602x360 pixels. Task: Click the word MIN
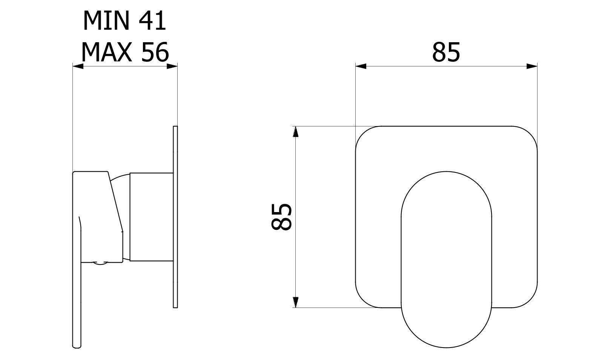point(106,21)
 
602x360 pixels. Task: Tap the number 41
point(152,21)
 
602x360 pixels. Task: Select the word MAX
point(106,52)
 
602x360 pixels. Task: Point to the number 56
point(155,52)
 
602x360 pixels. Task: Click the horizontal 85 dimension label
point(446,52)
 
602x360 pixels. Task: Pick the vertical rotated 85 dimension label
point(281,217)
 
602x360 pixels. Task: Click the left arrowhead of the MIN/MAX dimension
point(78,66)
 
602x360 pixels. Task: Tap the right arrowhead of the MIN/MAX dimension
point(172,66)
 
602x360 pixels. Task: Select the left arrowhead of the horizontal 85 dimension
point(361,66)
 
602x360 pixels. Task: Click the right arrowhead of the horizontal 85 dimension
point(532,66)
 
